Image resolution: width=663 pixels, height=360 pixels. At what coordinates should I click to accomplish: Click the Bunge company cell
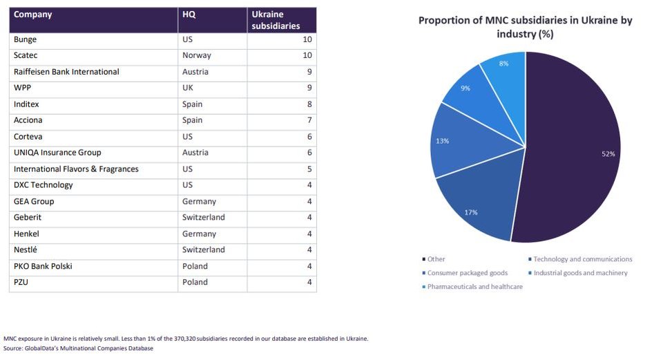tap(26, 39)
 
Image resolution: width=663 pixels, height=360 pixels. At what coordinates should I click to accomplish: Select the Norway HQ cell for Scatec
tap(197, 55)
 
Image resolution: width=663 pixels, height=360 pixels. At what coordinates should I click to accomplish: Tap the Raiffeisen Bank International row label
tap(66, 72)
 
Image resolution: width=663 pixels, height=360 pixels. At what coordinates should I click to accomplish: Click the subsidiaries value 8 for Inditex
tap(309, 104)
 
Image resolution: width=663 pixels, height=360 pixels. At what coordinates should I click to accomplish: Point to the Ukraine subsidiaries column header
tap(276, 20)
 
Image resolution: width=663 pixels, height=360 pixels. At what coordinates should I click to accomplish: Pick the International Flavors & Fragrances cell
tap(76, 169)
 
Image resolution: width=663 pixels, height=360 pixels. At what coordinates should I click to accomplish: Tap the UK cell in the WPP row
tap(189, 88)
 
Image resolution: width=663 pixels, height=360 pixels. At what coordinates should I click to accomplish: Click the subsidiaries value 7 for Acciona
tap(309, 120)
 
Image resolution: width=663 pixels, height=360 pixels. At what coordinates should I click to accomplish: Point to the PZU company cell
tap(22, 283)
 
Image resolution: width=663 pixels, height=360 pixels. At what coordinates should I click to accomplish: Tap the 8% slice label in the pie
tap(503, 64)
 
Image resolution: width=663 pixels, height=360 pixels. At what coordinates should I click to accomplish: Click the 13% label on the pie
tap(443, 141)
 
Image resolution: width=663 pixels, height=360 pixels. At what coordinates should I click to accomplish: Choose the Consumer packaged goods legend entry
tap(457, 273)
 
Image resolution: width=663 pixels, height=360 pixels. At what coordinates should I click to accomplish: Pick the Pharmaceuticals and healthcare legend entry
tap(474, 287)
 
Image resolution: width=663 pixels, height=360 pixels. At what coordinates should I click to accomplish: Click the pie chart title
tap(525, 27)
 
